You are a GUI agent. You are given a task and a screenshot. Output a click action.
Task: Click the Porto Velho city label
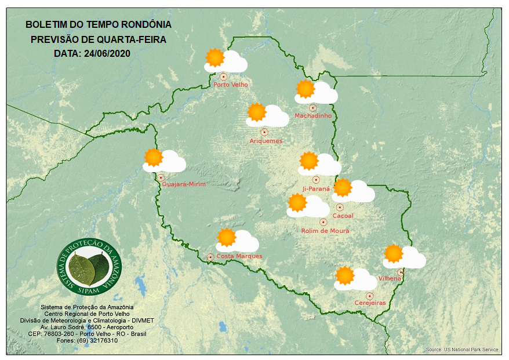point(231,85)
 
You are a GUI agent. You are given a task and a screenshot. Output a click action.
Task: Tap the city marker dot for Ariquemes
point(264,132)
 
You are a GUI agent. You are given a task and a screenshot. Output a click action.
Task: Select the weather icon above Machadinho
point(315,92)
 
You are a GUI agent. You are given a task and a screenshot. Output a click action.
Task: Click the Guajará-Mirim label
point(184,184)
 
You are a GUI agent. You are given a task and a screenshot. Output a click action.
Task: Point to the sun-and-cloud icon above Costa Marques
point(237,240)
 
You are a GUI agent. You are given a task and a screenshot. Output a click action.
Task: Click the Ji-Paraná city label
point(316,189)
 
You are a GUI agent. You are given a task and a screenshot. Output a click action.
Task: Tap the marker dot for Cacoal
point(340,207)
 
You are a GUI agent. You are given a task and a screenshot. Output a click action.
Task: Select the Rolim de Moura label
point(325,231)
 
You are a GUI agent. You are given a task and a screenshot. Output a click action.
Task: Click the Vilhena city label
point(390,279)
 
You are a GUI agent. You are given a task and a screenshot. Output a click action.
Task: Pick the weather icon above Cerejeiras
point(355,278)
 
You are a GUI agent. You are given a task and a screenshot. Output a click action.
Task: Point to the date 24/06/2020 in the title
point(107,54)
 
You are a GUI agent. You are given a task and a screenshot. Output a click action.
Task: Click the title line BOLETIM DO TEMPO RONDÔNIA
point(99,25)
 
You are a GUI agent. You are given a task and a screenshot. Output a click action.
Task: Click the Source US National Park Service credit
point(461,350)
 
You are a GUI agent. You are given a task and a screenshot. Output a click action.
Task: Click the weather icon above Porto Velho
point(226,60)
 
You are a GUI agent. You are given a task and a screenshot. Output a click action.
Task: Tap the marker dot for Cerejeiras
point(369,296)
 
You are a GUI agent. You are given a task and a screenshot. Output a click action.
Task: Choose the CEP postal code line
point(87,334)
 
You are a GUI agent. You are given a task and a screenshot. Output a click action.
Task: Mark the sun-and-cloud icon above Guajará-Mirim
point(163,160)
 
